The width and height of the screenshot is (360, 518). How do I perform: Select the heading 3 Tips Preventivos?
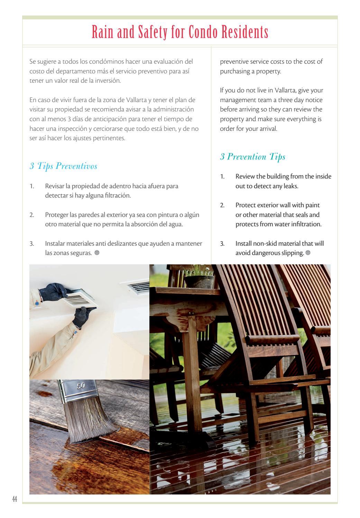(63, 166)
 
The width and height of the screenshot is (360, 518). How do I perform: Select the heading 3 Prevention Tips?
(252, 157)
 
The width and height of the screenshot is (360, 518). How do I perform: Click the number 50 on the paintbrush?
(81, 386)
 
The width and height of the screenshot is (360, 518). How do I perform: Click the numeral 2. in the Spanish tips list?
(32, 215)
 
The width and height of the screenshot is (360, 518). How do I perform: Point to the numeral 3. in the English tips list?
(222, 244)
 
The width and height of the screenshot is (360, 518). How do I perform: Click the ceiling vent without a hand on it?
(138, 287)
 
